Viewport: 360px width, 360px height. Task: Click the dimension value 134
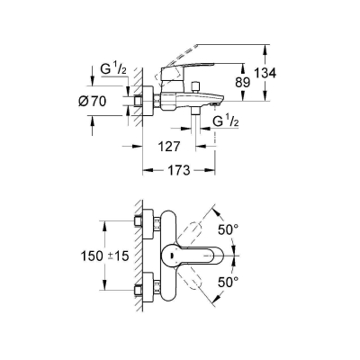coord(265,73)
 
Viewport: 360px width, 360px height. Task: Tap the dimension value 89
coord(242,82)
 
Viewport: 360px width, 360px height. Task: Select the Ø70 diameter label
coord(92,102)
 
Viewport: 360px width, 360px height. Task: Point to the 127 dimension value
coord(169,147)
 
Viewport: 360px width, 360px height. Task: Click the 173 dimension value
coord(179,170)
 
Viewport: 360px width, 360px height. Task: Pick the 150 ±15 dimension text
coord(104,256)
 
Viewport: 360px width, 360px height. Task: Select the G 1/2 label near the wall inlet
coord(113,70)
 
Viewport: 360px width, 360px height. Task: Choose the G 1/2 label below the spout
coord(226,121)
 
